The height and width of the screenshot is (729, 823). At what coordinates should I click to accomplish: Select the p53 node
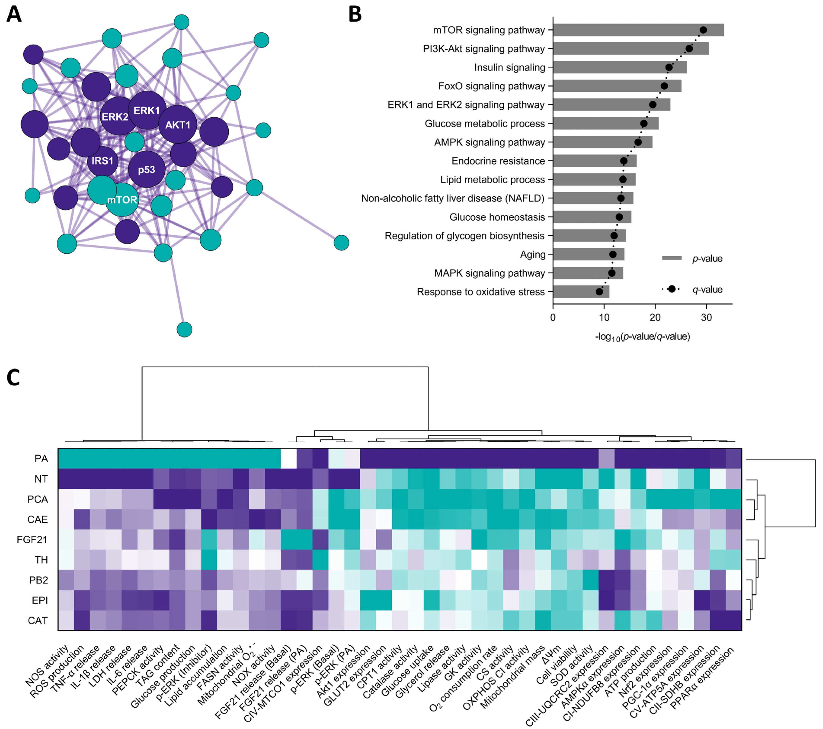[x=147, y=170]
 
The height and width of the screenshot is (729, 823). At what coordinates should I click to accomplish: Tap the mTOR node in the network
[x=122, y=200]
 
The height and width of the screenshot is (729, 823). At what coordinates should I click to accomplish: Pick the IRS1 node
[x=103, y=161]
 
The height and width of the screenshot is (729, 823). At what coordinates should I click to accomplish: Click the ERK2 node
[x=115, y=117]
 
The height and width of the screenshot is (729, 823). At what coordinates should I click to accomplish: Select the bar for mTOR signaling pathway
[x=638, y=30]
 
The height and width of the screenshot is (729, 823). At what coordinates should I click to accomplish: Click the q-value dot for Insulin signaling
[x=669, y=67]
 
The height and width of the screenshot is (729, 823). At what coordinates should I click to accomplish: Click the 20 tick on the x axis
[x=655, y=317]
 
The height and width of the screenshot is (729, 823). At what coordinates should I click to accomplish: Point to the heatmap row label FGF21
[x=32, y=539]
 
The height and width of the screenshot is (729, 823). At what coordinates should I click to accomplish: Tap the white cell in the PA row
[x=288, y=458]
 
